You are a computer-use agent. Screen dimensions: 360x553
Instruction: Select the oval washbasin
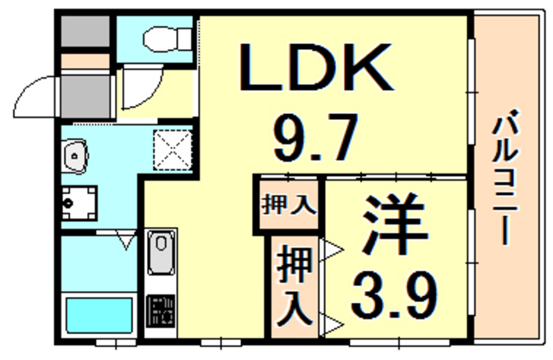click(75, 156)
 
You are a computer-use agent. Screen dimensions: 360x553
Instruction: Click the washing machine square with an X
click(170, 149)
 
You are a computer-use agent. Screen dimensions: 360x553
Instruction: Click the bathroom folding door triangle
click(126, 240)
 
